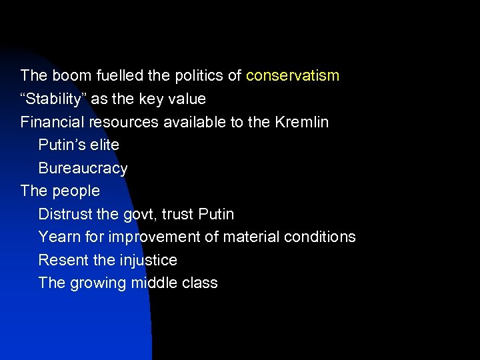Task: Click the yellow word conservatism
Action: click(x=293, y=75)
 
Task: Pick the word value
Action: click(x=187, y=99)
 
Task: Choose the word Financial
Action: click(x=52, y=122)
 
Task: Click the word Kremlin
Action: click(x=302, y=122)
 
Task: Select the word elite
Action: click(x=105, y=145)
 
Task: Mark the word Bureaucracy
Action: click(x=83, y=168)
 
